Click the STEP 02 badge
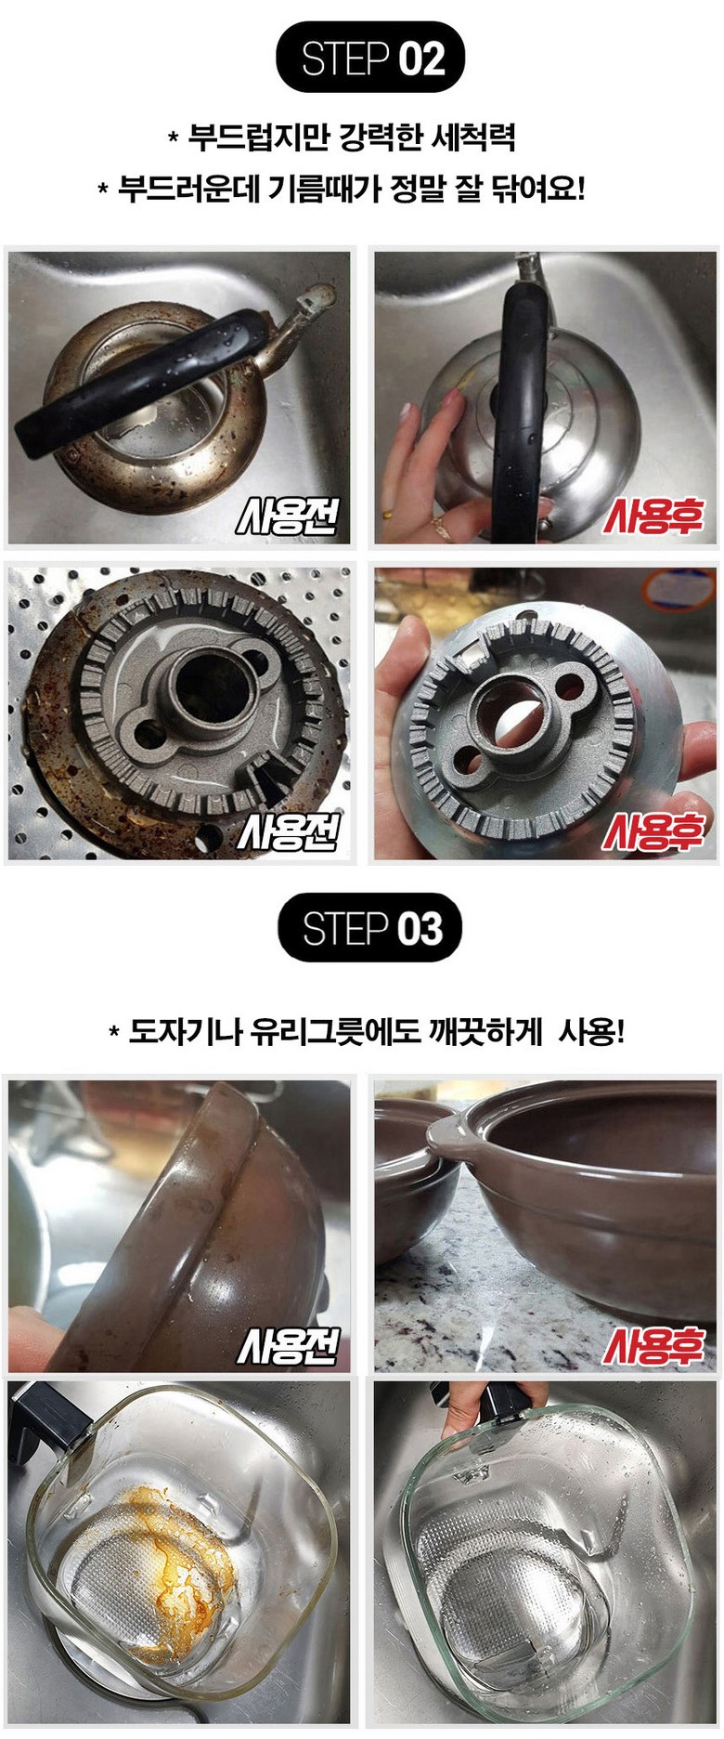(x=370, y=58)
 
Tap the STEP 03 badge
(x=370, y=927)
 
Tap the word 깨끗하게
(x=485, y=1031)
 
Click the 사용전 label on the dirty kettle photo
(x=288, y=516)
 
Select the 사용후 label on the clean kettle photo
(x=653, y=516)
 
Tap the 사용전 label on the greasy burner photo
(x=288, y=831)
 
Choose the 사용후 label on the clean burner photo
(x=653, y=831)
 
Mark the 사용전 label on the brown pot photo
(x=288, y=1345)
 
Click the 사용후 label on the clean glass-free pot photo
(x=653, y=1345)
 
